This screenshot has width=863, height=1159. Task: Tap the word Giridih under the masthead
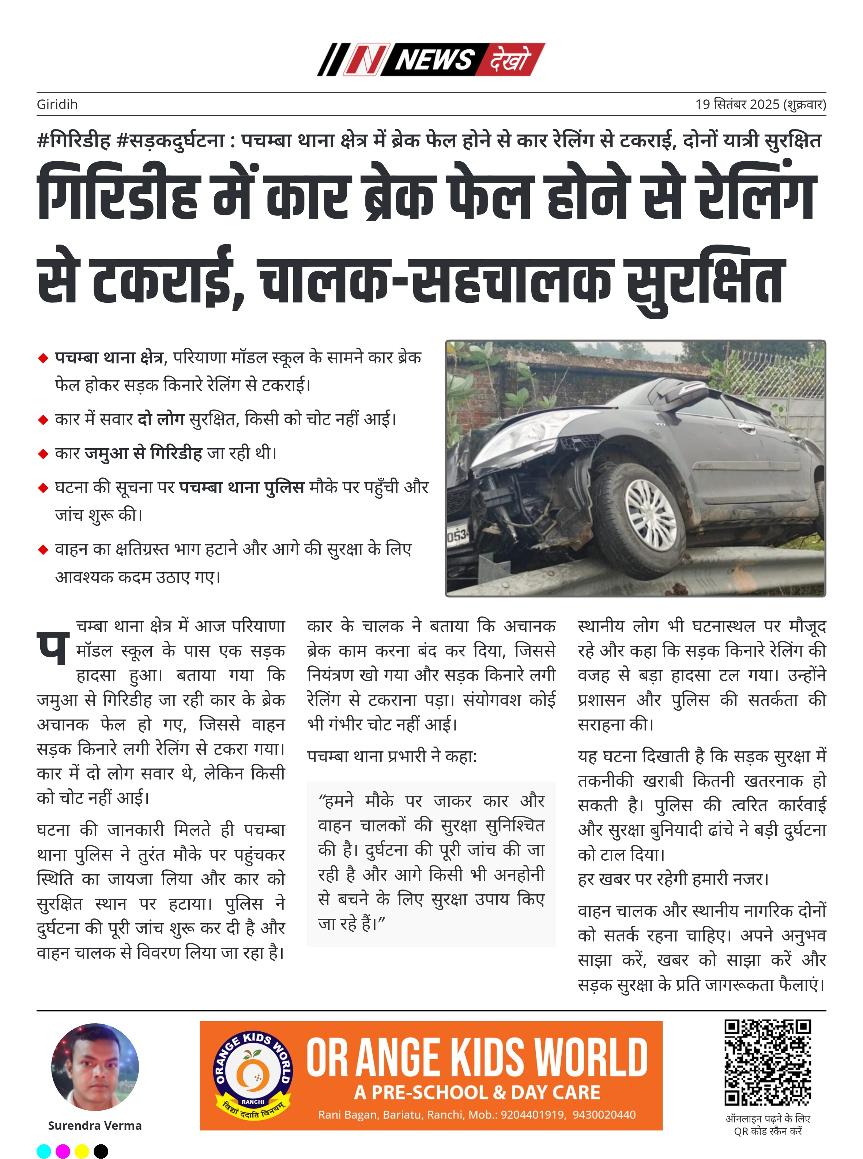57,105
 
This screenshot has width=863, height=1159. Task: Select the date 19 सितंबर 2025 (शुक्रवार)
760,105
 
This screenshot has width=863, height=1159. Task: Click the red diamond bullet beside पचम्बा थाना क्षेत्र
44,358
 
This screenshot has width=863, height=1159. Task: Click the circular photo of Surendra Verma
95,1066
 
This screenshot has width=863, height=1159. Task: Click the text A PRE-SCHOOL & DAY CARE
477,1092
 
